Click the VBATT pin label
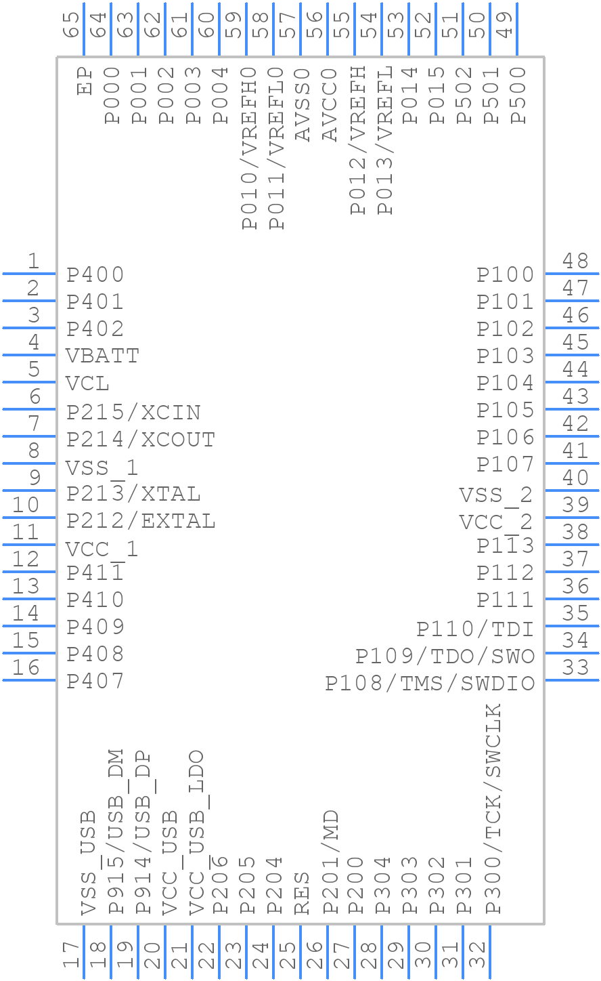click(x=102, y=356)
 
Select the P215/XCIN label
click(x=133, y=412)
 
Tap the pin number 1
click(x=33, y=261)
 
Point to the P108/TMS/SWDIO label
click(x=430, y=683)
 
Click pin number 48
click(x=575, y=261)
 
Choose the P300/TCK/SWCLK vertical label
click(x=493, y=809)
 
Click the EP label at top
click(x=85, y=80)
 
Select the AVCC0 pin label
click(x=329, y=104)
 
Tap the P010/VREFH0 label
click(x=248, y=148)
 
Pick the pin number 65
click(x=70, y=26)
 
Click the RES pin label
click(x=302, y=893)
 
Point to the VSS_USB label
click(x=87, y=863)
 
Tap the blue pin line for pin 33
click(x=571, y=680)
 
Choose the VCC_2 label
click(x=495, y=522)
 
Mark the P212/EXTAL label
click(x=141, y=520)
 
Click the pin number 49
click(x=504, y=26)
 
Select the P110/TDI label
click(x=475, y=629)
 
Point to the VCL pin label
click(x=87, y=383)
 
